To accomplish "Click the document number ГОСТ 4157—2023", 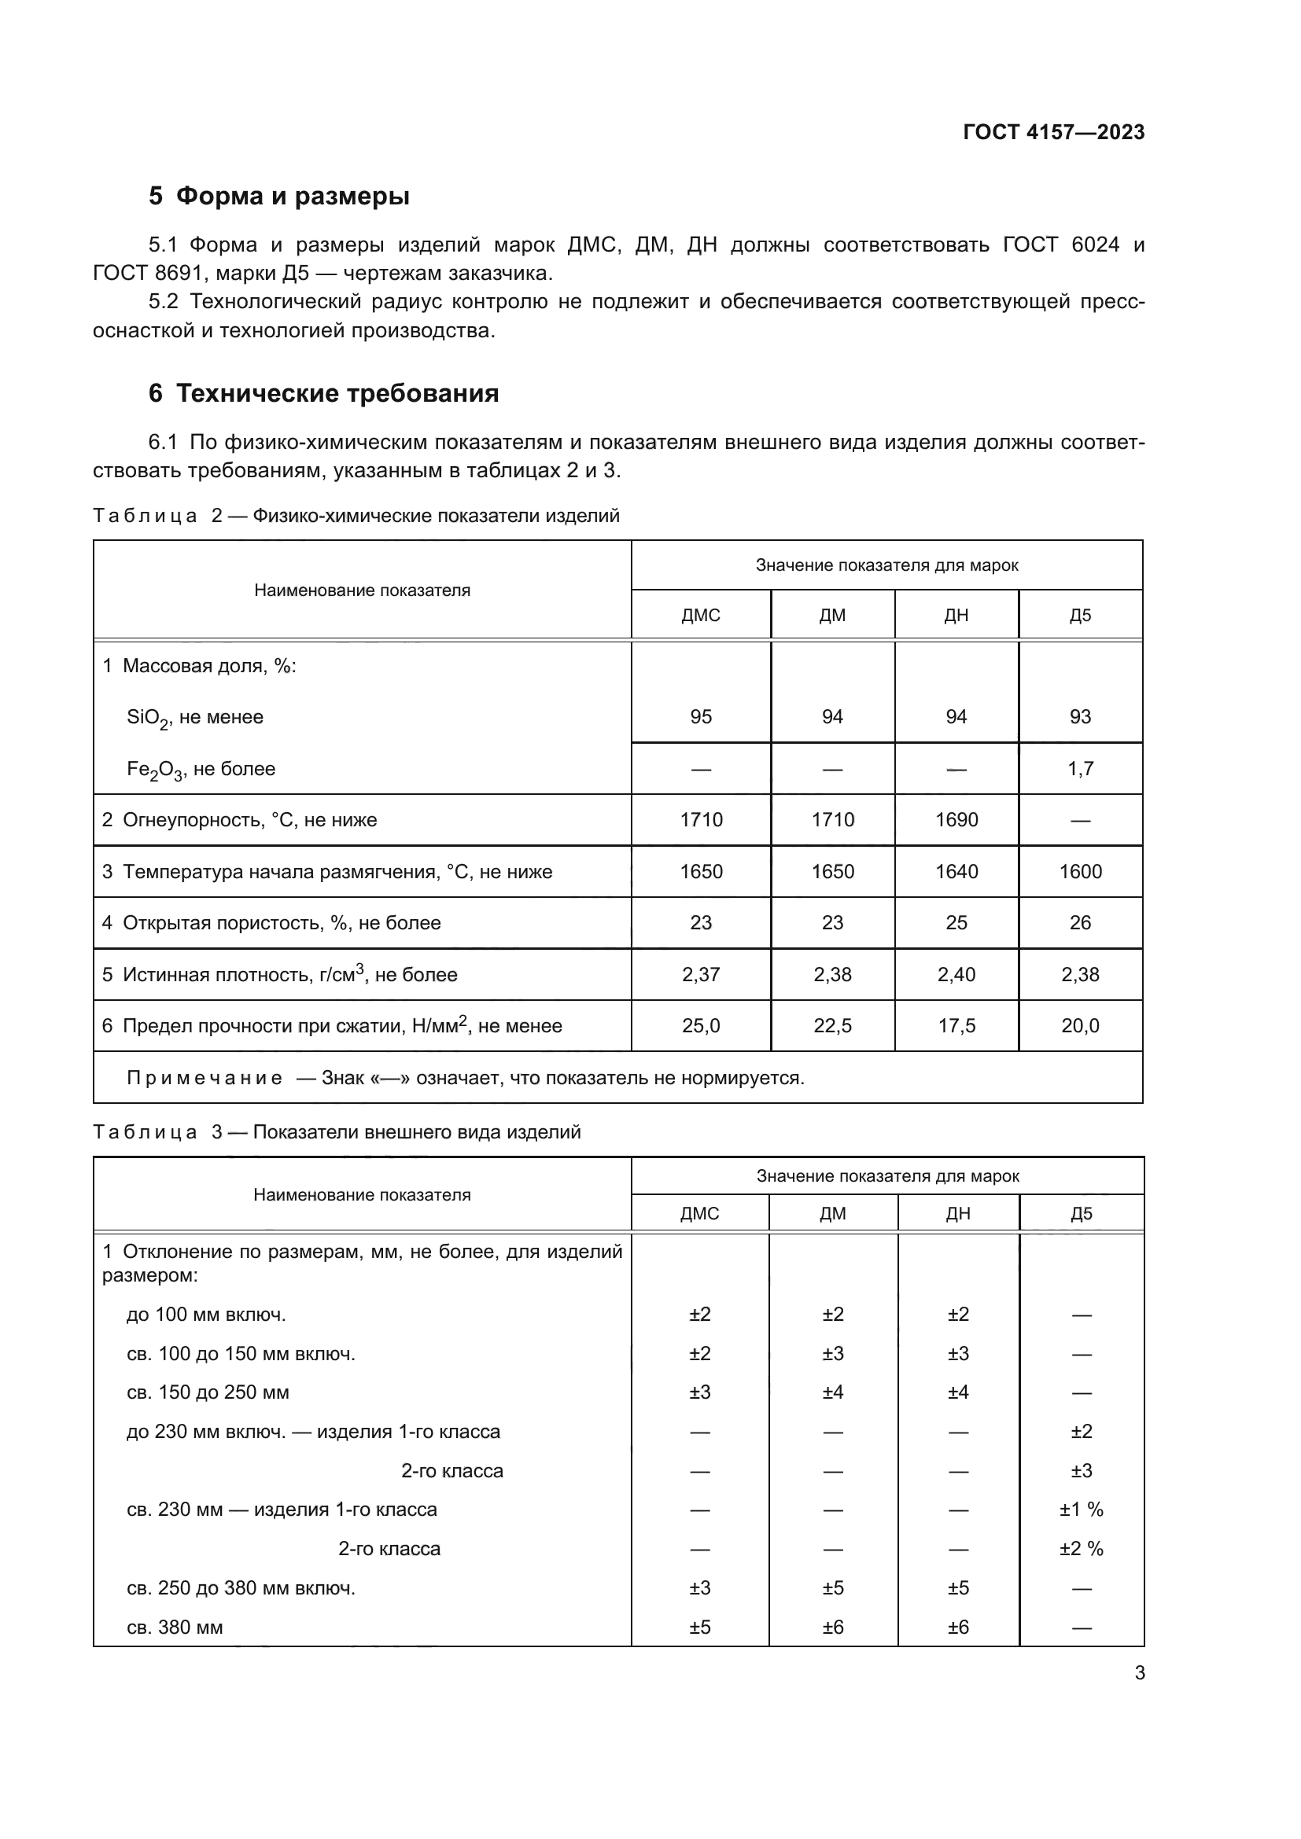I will click(x=1053, y=132).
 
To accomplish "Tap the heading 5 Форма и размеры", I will click(x=278, y=196).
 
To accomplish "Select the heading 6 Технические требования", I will click(x=323, y=393).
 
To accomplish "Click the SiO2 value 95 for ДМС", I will click(x=700, y=717).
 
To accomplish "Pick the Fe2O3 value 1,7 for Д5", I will click(x=1080, y=769).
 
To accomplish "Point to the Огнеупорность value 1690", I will click(x=956, y=820).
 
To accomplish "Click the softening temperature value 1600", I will click(x=1080, y=871).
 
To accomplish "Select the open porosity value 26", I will click(x=1080, y=923).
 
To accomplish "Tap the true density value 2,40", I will click(x=956, y=975).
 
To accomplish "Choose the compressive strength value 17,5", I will click(x=956, y=1026).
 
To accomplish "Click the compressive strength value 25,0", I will click(x=700, y=1026).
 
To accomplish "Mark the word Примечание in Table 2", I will click(x=205, y=1078).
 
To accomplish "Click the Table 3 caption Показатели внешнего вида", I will click(x=417, y=1132).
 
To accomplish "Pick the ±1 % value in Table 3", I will click(x=1081, y=1510).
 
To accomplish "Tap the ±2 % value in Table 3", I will click(x=1081, y=1549).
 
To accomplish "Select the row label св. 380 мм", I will click(x=175, y=1628).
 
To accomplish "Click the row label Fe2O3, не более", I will click(x=201, y=770).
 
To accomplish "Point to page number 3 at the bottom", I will click(x=1139, y=1673).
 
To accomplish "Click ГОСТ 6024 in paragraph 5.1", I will click(x=1060, y=245).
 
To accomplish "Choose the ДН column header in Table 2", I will click(x=956, y=615).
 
